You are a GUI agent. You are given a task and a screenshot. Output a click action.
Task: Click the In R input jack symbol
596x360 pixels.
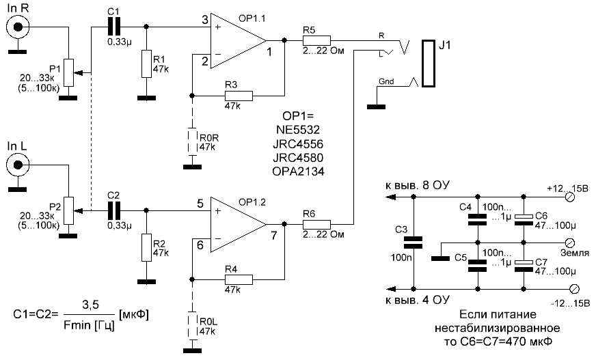pos(16,27)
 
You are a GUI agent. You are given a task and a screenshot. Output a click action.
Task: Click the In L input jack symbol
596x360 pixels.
pos(16,165)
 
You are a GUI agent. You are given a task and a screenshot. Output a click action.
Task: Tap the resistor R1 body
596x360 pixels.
pos(144,64)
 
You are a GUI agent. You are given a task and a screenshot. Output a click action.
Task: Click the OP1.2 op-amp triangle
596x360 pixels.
pos(236,224)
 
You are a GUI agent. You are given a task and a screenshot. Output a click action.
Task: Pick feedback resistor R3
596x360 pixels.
pos(238,96)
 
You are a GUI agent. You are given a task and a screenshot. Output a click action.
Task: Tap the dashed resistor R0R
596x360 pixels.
pos(193,140)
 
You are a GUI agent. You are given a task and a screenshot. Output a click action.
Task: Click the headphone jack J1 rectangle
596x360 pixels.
pos(429,64)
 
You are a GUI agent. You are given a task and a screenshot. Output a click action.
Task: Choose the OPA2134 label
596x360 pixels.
pos(301,171)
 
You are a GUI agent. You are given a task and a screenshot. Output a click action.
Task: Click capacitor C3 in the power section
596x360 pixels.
pos(414,243)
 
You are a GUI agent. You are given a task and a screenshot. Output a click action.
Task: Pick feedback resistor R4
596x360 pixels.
pos(238,279)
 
